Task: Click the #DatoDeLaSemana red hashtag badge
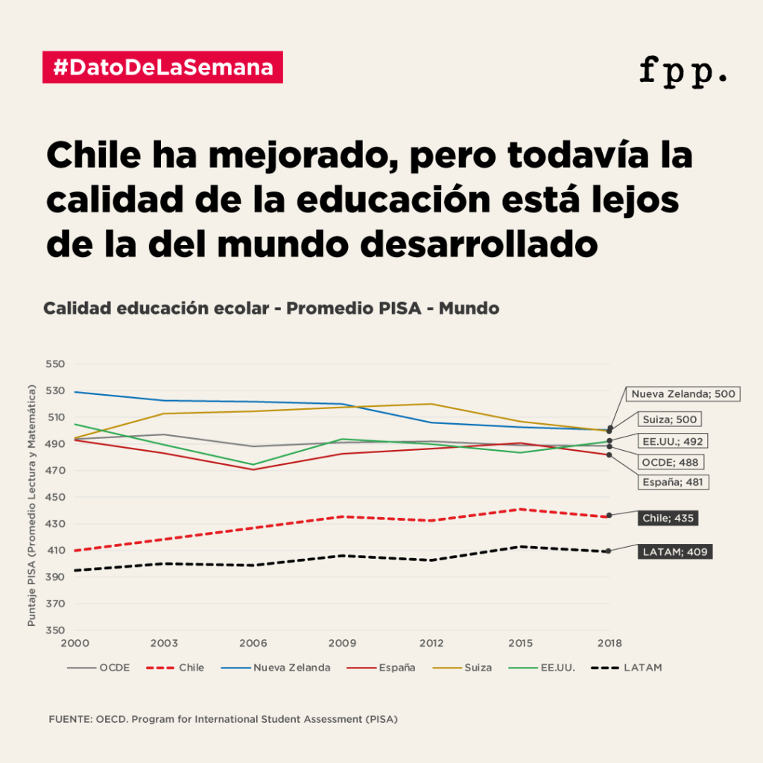(x=162, y=67)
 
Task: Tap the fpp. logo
(x=683, y=71)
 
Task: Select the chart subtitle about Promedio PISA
(x=271, y=308)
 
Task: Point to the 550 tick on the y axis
(x=56, y=364)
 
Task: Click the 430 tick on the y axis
(x=56, y=524)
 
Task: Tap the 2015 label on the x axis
(x=520, y=643)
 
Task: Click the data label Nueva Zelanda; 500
(x=683, y=393)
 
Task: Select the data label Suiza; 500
(x=670, y=420)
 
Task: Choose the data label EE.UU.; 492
(x=673, y=441)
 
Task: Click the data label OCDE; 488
(x=670, y=462)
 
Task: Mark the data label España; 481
(x=672, y=482)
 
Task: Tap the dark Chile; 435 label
(x=668, y=517)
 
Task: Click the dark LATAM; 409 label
(x=673, y=552)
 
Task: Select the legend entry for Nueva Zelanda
(x=291, y=668)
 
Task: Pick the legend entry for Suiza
(x=478, y=668)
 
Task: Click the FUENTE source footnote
(x=223, y=720)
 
